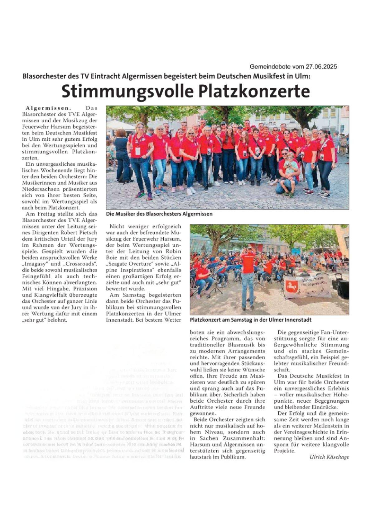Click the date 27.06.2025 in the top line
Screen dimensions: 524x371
[x=320, y=67]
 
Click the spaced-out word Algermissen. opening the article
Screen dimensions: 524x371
[x=48, y=108]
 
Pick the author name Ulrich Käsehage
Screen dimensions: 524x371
[x=329, y=457]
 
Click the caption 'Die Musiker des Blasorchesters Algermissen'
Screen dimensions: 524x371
[x=159, y=214]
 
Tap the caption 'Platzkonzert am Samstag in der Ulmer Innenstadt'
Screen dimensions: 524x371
[x=250, y=320]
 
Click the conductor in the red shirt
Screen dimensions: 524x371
[x=248, y=274]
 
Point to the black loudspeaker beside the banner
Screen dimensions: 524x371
[x=342, y=288]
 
